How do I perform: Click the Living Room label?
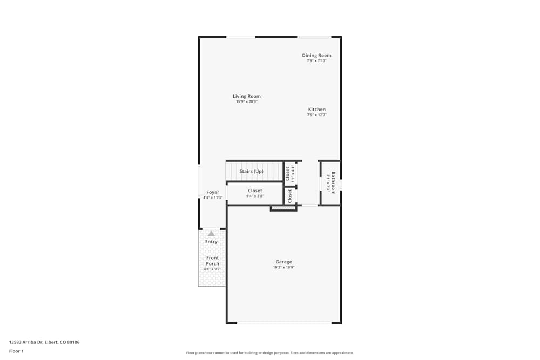click(247, 96)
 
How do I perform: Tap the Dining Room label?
click(316, 55)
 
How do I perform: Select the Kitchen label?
click(316, 109)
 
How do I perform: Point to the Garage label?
click(283, 262)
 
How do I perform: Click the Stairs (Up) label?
click(251, 171)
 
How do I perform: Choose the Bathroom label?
click(333, 183)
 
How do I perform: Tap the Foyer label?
click(213, 192)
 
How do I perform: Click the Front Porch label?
click(212, 261)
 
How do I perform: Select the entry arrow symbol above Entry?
click(211, 234)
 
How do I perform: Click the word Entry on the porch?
click(211, 241)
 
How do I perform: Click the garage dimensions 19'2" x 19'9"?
click(283, 267)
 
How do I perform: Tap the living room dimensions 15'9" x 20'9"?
click(247, 101)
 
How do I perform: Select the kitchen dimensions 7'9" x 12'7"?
click(316, 114)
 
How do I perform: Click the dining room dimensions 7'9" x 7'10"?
click(316, 60)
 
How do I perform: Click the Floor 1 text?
click(16, 351)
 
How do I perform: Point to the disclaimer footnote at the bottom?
click(270, 353)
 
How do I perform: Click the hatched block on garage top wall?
click(283, 207)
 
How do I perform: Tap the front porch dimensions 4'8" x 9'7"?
click(212, 269)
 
